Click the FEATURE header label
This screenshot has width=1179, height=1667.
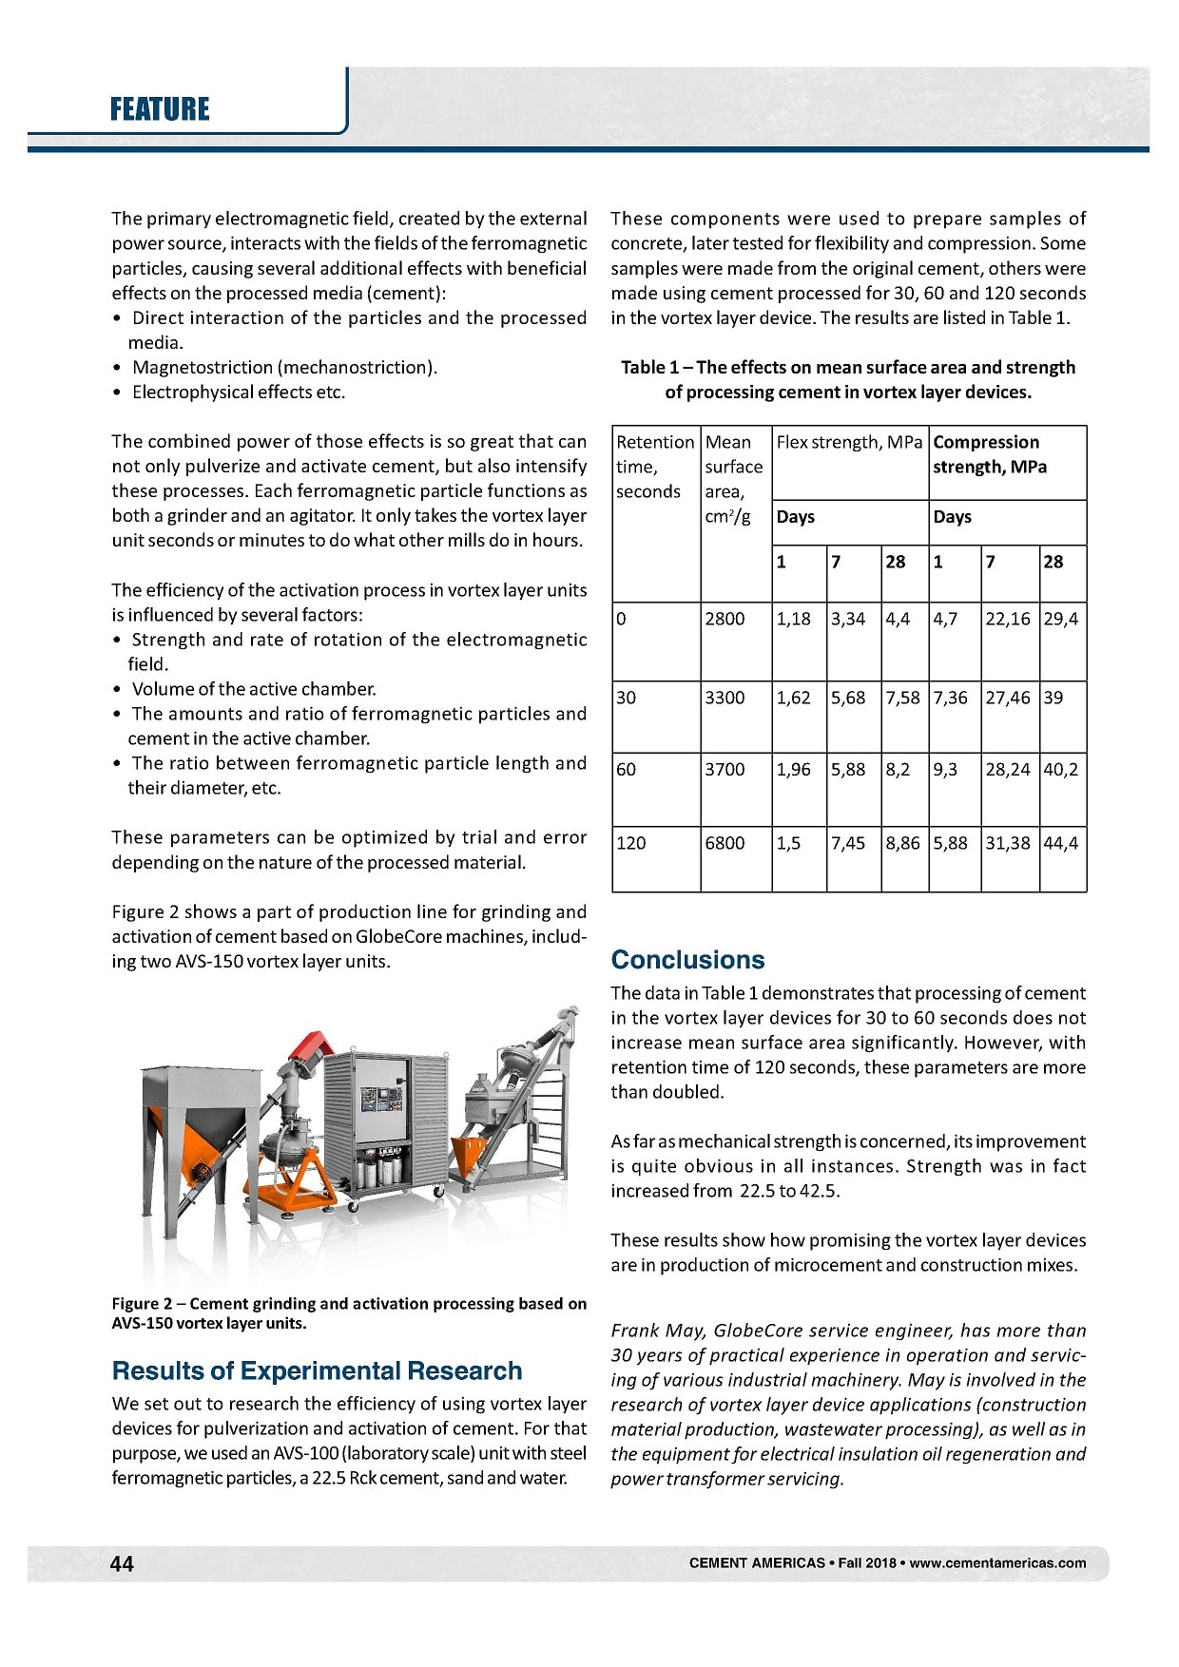[x=159, y=109]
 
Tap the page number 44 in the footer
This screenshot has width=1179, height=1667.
[x=122, y=1563]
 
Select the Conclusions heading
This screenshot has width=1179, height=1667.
[x=687, y=959]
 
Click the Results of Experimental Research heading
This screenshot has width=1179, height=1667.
[x=317, y=1370]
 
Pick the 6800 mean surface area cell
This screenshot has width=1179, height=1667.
[x=725, y=843]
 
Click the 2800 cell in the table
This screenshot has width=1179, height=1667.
[x=725, y=619]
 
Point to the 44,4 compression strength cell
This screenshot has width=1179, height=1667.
[x=1060, y=843]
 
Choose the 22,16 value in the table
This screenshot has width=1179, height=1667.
[x=1008, y=619]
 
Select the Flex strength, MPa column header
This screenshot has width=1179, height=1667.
[x=849, y=442]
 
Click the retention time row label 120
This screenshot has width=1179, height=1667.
[x=631, y=843]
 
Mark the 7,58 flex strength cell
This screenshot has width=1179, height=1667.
[x=902, y=698]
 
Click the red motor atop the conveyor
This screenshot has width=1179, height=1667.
[x=311, y=1045]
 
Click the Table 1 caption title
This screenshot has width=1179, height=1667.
[x=848, y=379]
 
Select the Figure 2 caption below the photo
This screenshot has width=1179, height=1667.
[x=348, y=1313]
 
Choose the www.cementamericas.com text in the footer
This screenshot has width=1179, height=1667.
[x=997, y=1563]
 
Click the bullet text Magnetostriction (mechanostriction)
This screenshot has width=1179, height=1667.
[x=284, y=368]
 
